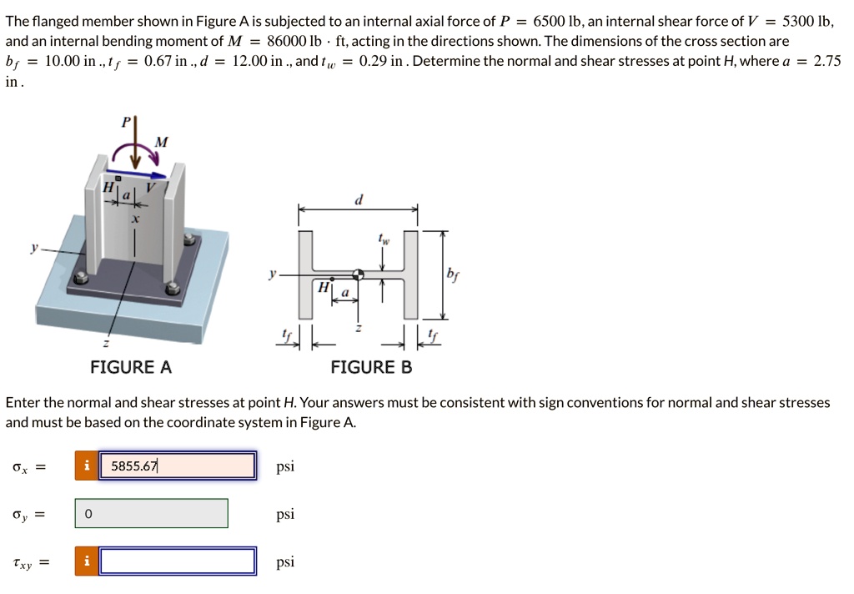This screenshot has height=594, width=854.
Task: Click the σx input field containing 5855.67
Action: (x=177, y=466)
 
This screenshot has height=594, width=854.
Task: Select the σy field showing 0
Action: (x=151, y=514)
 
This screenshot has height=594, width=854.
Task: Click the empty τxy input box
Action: (x=177, y=561)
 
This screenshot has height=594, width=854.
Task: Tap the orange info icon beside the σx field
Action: (x=86, y=466)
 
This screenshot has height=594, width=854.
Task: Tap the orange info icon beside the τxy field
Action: (x=86, y=561)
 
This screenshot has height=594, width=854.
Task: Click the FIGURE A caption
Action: (x=131, y=367)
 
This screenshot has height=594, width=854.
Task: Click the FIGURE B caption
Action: (x=371, y=367)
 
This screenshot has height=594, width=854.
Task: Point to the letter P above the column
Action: (x=127, y=122)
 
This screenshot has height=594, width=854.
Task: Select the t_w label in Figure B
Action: (x=384, y=240)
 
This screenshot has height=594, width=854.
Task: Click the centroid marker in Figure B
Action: (x=359, y=274)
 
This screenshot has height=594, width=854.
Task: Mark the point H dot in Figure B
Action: (x=332, y=277)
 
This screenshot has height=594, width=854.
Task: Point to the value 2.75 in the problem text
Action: (x=826, y=62)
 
